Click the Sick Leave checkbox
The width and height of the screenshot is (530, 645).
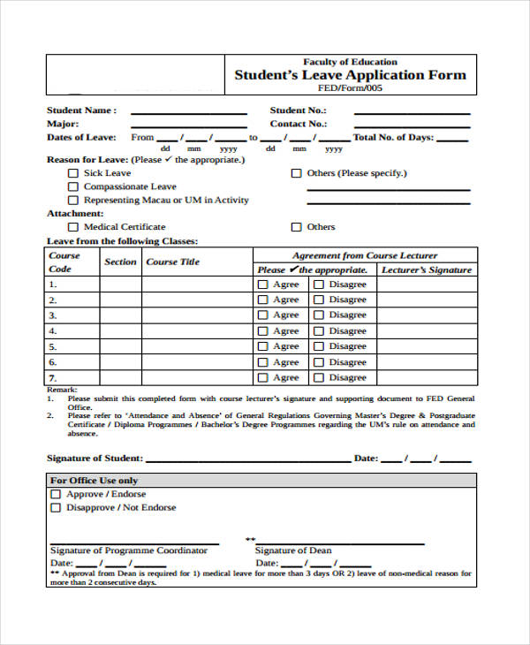click(73, 173)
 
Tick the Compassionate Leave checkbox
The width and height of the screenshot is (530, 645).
click(73, 186)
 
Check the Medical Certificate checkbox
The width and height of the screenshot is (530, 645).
click(73, 227)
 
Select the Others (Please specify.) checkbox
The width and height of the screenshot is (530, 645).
click(296, 173)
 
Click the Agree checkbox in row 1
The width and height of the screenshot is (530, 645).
click(262, 285)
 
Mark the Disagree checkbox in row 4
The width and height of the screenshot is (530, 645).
click(318, 331)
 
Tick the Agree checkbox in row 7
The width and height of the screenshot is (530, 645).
click(262, 377)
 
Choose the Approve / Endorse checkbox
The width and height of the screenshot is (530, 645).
click(56, 495)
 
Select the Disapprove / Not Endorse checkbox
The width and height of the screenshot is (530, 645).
click(56, 508)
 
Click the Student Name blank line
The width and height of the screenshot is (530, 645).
click(188, 113)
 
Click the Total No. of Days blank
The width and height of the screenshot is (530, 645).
click(452, 140)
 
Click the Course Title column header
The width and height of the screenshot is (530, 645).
click(172, 262)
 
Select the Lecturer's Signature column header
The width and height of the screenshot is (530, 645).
click(427, 269)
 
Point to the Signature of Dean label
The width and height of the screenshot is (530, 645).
click(293, 550)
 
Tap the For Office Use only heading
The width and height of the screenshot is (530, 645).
click(94, 481)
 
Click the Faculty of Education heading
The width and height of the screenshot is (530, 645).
click(350, 62)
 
